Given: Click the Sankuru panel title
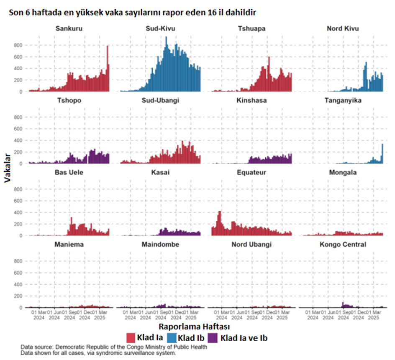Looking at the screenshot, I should click(69, 28).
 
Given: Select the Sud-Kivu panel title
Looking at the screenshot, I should click(160, 28).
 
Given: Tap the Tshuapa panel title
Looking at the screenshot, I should click(251, 28).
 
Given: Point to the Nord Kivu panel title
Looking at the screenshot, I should click(343, 28).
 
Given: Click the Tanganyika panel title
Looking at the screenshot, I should click(343, 100).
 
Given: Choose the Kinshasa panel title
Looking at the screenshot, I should click(251, 100).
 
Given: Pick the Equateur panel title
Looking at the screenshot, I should click(251, 172).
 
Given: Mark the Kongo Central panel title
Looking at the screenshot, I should click(343, 244).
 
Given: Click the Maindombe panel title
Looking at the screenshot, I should click(160, 244).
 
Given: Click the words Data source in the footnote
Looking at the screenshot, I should click(36, 347).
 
